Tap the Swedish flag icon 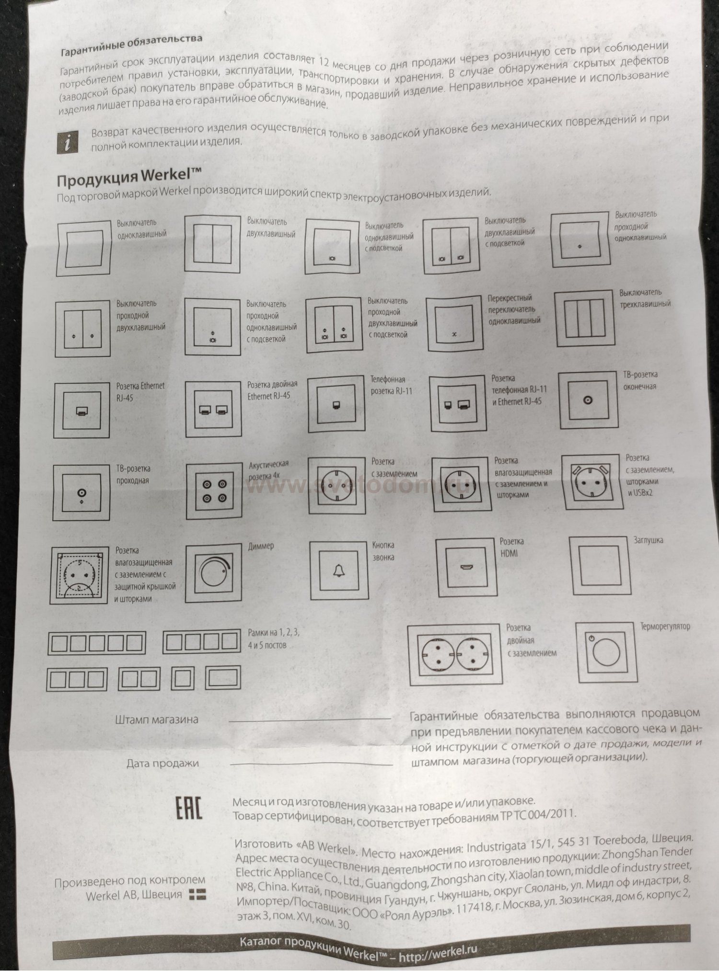click(197, 893)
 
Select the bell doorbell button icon click(339, 571)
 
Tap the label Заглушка click(649, 540)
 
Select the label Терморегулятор click(665, 626)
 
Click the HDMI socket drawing click(465, 568)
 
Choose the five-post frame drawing click(96, 643)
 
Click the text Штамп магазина click(157, 720)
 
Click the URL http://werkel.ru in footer click(438, 953)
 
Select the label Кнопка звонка click(383, 551)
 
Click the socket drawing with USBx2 click(593, 482)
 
